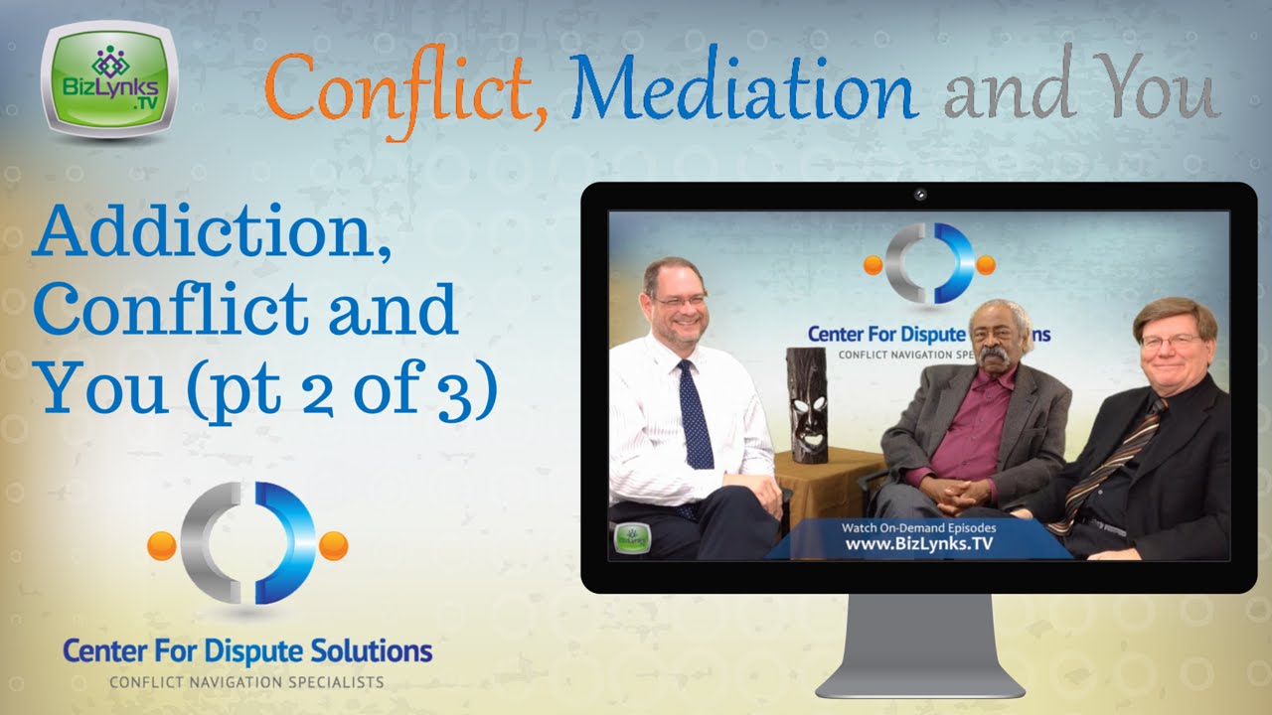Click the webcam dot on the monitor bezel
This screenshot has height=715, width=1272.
920,195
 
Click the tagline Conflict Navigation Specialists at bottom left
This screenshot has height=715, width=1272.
246,682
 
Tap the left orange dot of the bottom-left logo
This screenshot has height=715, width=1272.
162,545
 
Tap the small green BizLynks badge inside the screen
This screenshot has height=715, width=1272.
628,537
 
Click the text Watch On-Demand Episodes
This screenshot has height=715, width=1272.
918,527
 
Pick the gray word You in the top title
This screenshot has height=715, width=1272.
1160,92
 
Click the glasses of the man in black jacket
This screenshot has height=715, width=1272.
1171,342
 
